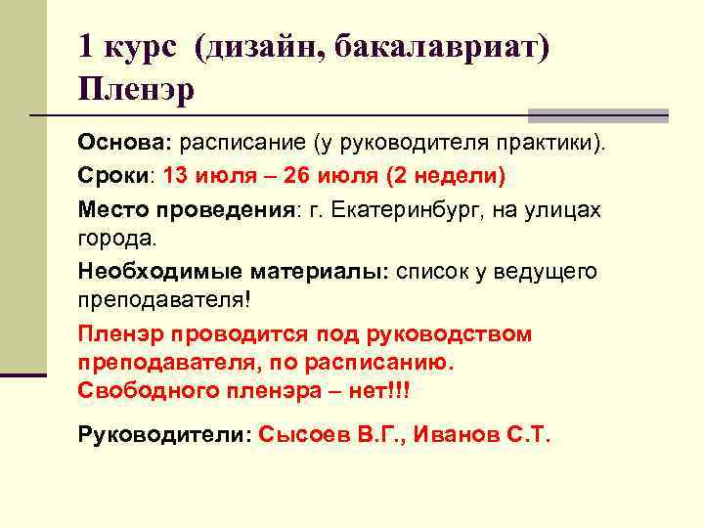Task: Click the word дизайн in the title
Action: point(258,49)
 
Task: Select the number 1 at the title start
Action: point(86,49)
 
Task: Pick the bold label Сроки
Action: point(113,176)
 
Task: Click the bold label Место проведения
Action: point(186,209)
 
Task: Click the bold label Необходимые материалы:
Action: point(234,271)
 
